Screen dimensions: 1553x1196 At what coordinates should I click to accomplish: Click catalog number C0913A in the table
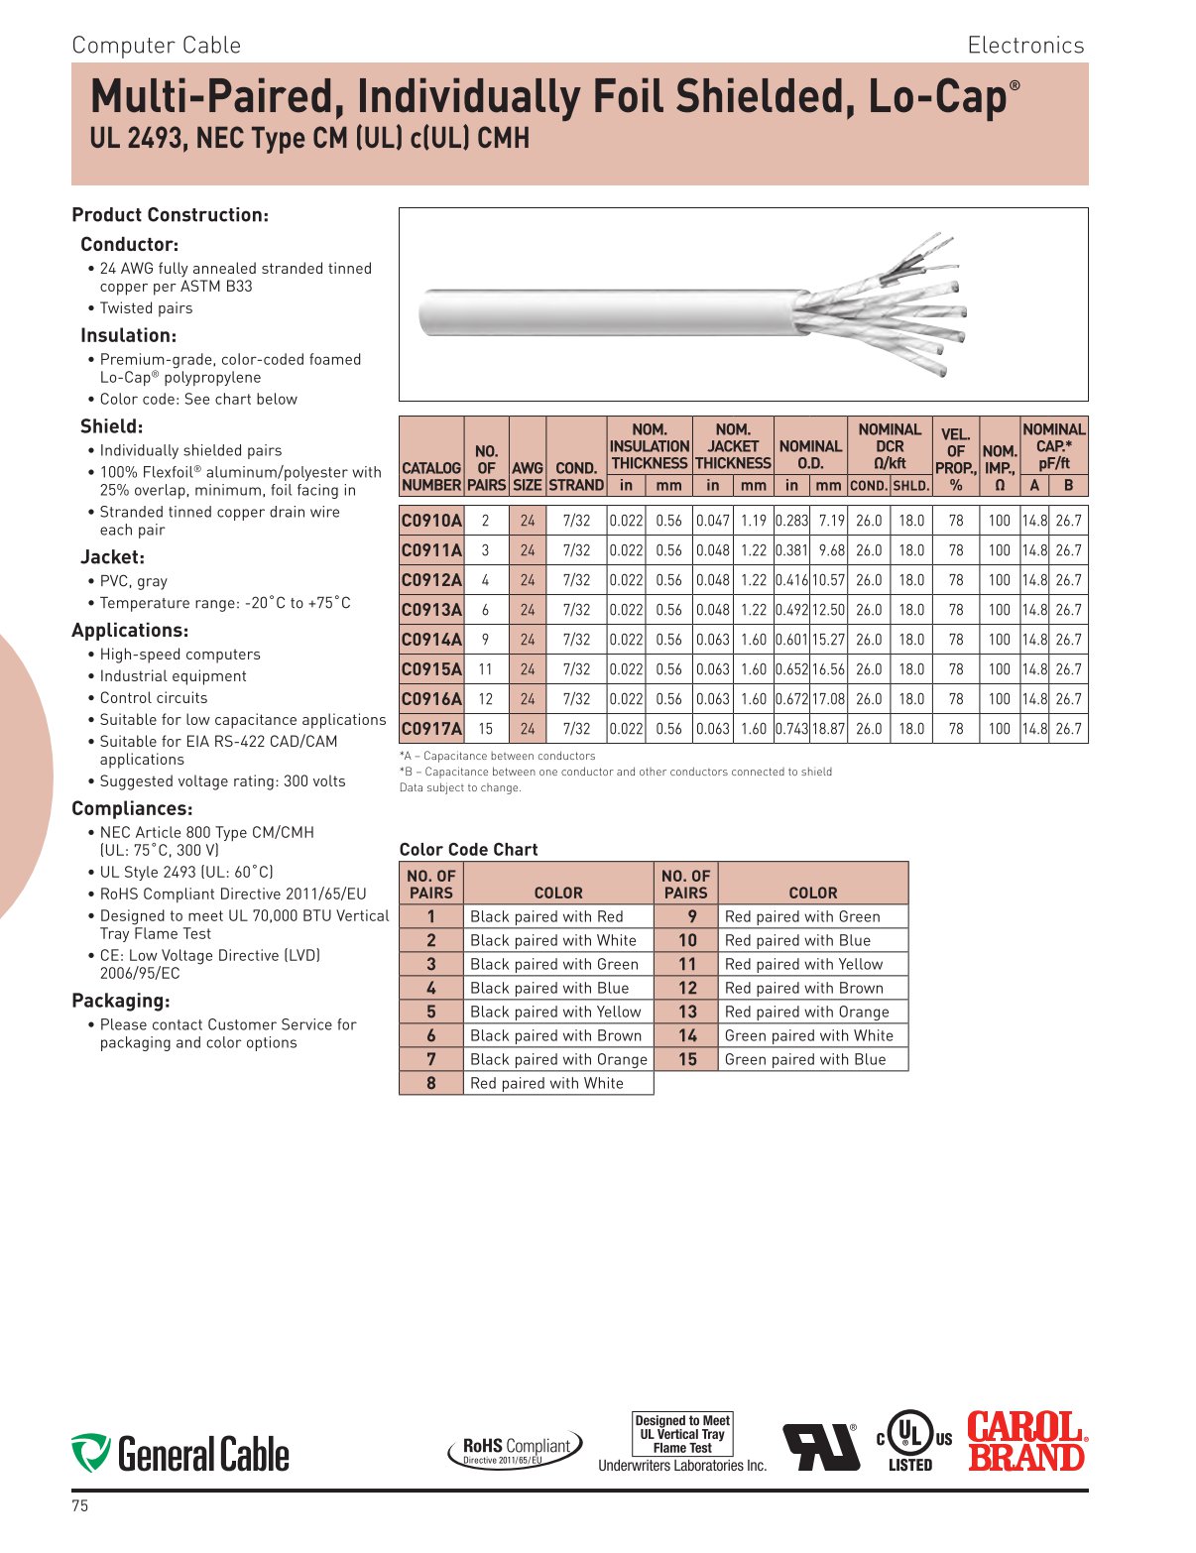pos(431,610)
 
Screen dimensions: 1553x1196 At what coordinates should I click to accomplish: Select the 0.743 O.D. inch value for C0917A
pos(791,729)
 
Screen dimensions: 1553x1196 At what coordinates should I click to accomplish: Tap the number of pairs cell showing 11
pos(485,669)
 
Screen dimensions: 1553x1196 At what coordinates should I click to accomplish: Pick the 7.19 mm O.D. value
pos(830,521)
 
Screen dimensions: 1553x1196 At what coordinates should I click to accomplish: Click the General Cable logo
pos(180,1454)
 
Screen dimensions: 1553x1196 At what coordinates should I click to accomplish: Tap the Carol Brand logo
pos(1026,1441)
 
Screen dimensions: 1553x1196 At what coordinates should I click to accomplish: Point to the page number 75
pos(80,1505)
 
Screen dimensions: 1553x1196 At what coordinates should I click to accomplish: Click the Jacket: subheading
pos(112,557)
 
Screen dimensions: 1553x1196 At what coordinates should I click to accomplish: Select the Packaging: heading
pos(121,1001)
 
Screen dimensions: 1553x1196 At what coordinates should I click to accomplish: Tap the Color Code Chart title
pos(468,850)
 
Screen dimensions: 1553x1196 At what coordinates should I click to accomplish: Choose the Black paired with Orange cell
pos(557,1059)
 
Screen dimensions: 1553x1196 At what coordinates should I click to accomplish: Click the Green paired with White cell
pos(808,1035)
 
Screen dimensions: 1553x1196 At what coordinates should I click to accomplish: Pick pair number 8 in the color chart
pos(431,1083)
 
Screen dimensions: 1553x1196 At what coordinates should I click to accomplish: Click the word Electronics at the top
pos(1025,46)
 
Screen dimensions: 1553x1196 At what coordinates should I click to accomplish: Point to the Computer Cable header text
pos(157,46)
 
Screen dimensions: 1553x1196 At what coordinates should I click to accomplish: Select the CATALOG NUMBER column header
pos(431,476)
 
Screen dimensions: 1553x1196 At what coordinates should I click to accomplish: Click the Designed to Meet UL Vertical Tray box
pos(682,1434)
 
